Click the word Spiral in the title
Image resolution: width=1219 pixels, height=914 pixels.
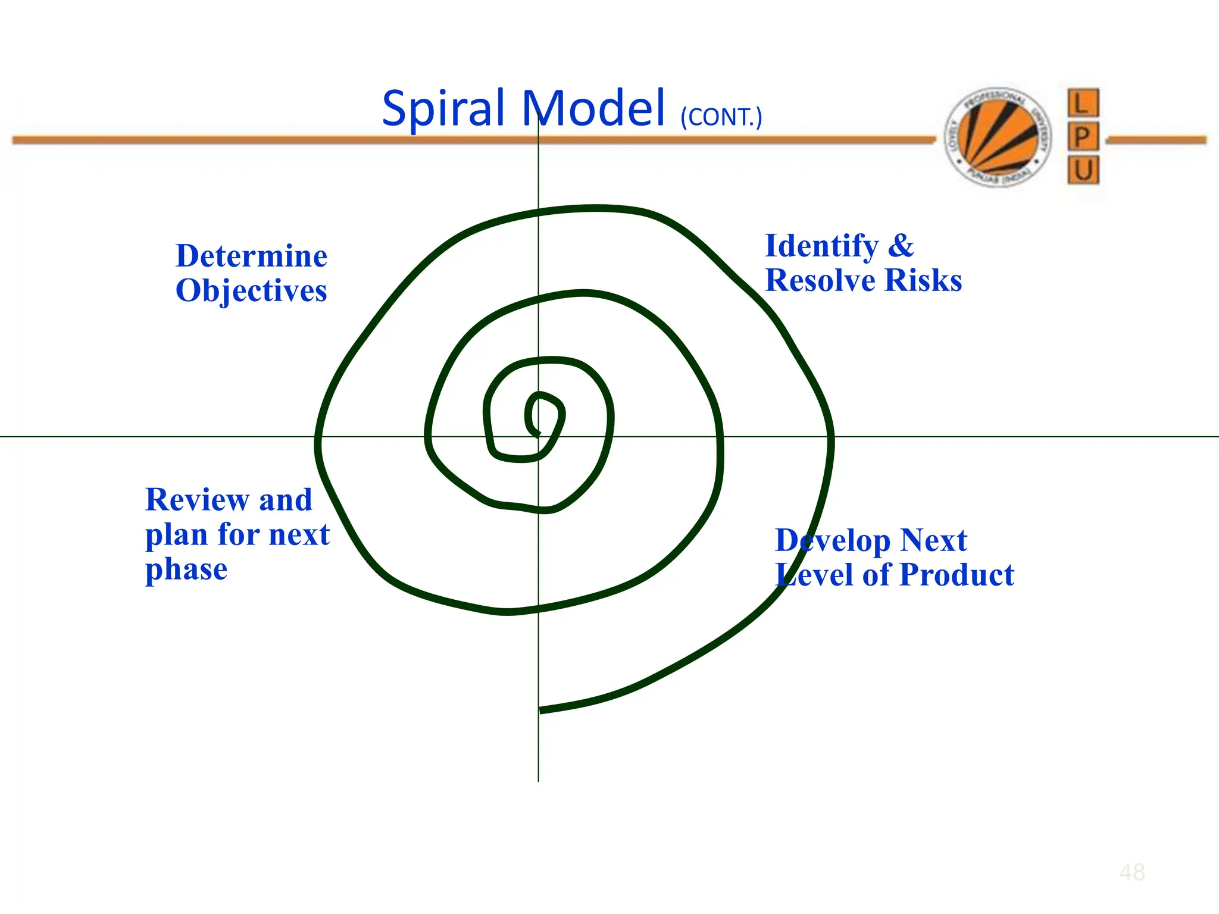point(443,109)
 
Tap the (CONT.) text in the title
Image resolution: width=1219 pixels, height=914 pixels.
point(721,117)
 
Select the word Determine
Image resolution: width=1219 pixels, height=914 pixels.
point(251,256)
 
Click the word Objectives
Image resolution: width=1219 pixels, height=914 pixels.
point(251,291)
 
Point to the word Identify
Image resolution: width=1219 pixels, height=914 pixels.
point(821,246)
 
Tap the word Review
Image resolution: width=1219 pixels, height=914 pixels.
point(197,499)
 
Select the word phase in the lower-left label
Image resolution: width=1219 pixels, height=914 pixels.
point(186,570)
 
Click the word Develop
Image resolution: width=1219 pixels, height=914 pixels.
point(833,541)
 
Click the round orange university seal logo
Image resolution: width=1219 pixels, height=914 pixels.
point(998,136)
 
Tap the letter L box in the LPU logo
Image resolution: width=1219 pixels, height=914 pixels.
point(1083,103)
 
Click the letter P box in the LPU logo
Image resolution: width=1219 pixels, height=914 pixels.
point(1083,137)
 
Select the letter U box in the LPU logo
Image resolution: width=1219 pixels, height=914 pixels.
point(1083,171)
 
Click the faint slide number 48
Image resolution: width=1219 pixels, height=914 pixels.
point(1132,872)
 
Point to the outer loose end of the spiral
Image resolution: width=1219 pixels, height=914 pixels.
point(540,710)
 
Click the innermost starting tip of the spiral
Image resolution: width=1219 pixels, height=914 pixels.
point(538,434)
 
